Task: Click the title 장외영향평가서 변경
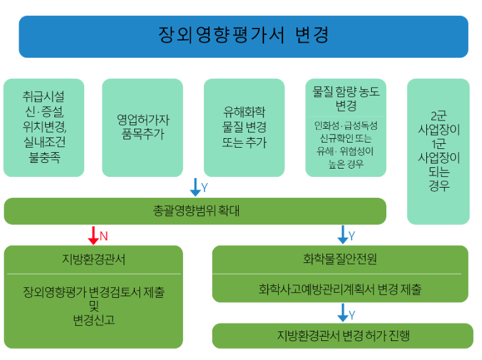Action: (243, 35)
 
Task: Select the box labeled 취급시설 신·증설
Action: (44, 127)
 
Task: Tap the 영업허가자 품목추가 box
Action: (143, 127)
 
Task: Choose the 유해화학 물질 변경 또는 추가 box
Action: (244, 127)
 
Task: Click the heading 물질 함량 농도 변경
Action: (346, 98)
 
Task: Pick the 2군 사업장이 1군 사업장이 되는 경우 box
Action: (438, 151)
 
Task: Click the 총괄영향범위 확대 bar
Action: (195, 211)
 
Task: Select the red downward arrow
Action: (93, 236)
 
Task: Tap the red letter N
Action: (104, 236)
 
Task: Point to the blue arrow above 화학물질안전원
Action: (343, 235)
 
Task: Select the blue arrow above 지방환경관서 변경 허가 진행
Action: (343, 312)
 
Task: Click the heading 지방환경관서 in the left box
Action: (93, 259)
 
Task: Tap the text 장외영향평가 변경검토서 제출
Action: (94, 293)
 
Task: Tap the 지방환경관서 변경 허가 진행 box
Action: (343, 335)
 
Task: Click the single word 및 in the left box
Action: (94, 307)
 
